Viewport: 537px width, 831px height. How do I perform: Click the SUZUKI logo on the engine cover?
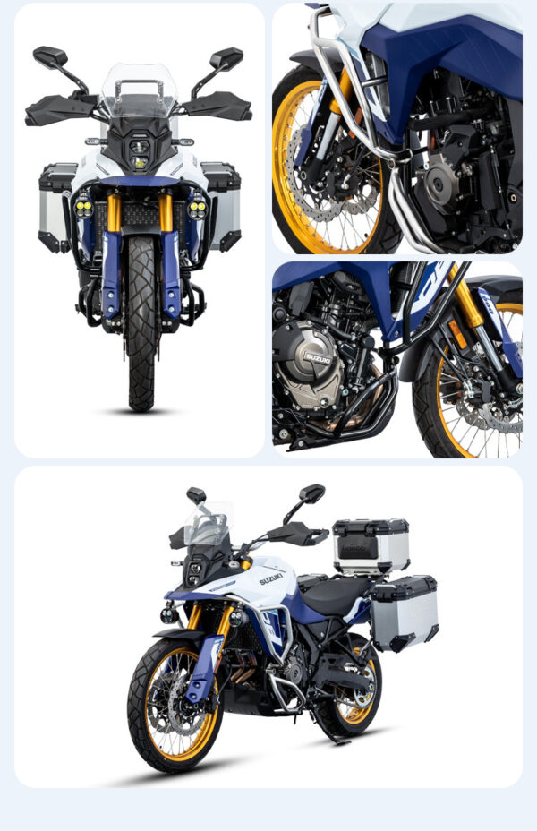317,357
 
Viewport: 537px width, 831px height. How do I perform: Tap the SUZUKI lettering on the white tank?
271,578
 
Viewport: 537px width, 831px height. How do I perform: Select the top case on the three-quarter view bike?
371,545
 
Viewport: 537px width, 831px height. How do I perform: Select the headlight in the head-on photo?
140,151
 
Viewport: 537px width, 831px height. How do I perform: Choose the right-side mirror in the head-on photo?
226,59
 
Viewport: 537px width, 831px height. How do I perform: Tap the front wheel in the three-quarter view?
174,704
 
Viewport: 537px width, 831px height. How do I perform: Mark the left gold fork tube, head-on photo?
114,213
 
